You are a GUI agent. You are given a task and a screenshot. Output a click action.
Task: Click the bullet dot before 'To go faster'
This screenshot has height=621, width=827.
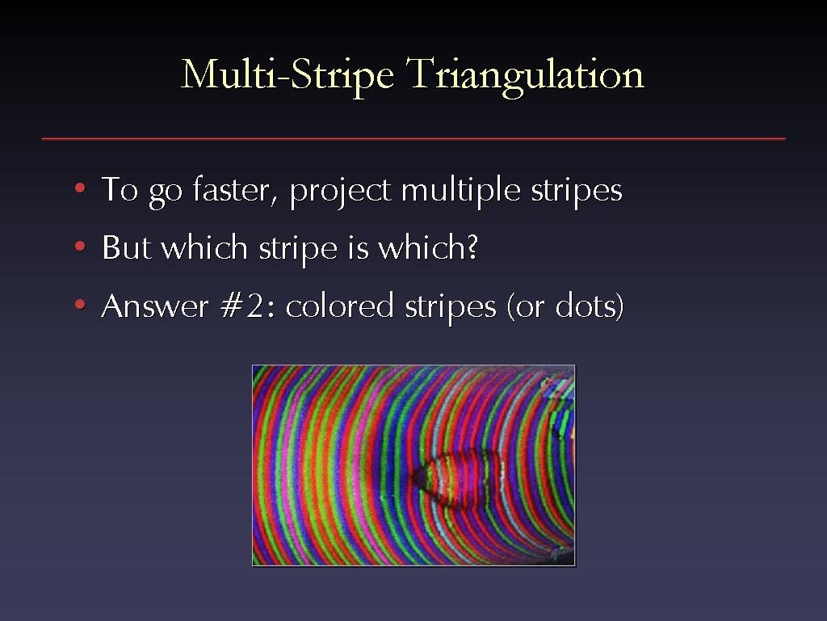pyautogui.click(x=80, y=188)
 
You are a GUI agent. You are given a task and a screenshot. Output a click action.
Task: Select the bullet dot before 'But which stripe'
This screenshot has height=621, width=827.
pyautogui.click(x=80, y=246)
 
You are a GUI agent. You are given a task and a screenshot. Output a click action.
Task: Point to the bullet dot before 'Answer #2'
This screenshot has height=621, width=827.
pyautogui.click(x=80, y=304)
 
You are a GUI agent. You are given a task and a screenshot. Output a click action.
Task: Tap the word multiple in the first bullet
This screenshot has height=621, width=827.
pyautogui.click(x=460, y=191)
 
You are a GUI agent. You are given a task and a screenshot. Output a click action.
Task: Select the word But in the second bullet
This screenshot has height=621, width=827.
pyautogui.click(x=126, y=247)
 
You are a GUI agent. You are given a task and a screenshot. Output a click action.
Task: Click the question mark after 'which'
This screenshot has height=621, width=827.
pyautogui.click(x=472, y=247)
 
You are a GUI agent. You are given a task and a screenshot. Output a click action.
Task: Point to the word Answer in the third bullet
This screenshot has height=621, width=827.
pyautogui.click(x=154, y=306)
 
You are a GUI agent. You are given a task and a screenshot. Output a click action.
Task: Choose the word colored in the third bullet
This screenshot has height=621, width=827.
pyautogui.click(x=340, y=306)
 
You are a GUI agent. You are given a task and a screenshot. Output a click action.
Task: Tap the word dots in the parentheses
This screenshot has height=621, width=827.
pyautogui.click(x=585, y=306)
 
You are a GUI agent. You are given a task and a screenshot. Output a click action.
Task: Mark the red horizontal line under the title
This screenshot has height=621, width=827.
pyautogui.click(x=413, y=139)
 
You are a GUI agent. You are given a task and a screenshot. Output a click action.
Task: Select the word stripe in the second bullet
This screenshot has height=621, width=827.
pyautogui.click(x=297, y=249)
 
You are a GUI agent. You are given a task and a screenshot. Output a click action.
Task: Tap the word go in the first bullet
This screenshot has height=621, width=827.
pyautogui.click(x=165, y=193)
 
